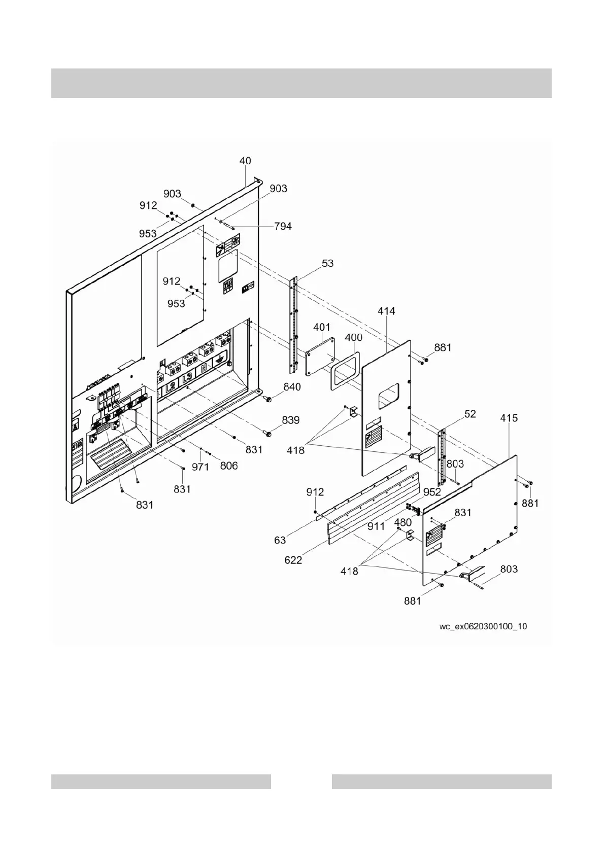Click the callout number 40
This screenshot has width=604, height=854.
click(x=245, y=161)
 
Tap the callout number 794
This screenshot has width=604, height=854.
click(x=283, y=226)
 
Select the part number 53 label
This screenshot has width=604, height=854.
click(x=327, y=263)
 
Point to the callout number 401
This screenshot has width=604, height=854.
click(x=321, y=327)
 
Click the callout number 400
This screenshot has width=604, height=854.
click(x=353, y=337)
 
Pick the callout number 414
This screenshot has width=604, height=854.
click(x=386, y=311)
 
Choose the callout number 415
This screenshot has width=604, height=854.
click(x=509, y=418)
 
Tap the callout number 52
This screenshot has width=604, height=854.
click(x=470, y=414)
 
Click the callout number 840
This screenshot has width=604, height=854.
click(x=292, y=387)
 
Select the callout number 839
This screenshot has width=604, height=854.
click(x=291, y=420)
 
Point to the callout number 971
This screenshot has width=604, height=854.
click(x=200, y=467)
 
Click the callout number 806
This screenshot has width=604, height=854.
click(x=228, y=465)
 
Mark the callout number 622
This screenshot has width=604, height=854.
click(x=293, y=560)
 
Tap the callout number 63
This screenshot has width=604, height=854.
click(x=280, y=540)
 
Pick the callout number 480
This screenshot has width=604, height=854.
click(x=403, y=521)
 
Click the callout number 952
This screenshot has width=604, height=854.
click(x=432, y=492)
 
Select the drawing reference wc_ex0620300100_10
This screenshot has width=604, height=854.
click(x=483, y=626)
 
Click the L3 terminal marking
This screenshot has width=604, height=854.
click(x=187, y=377)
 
